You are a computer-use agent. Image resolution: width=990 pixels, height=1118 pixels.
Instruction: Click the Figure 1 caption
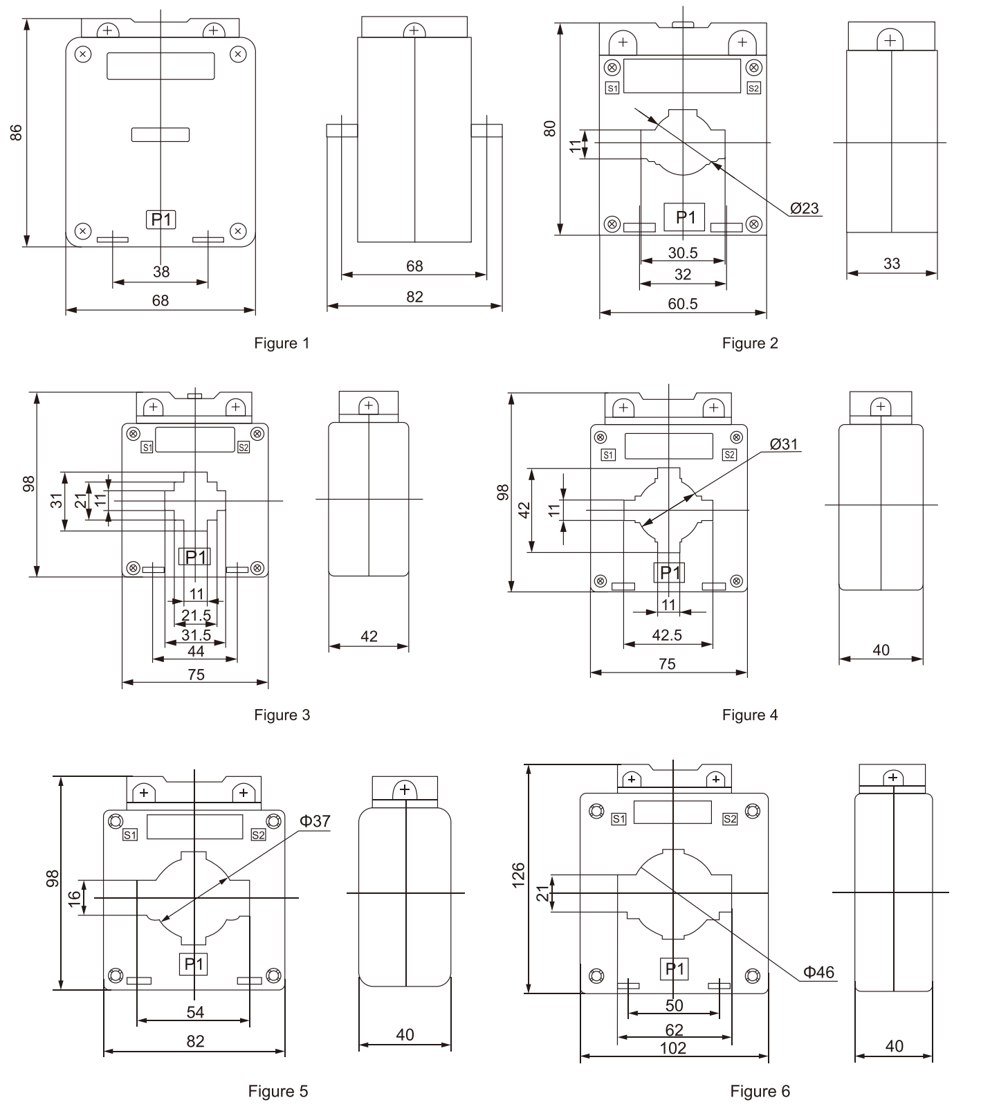(282, 343)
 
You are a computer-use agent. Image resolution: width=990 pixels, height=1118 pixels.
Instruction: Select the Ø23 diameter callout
(804, 208)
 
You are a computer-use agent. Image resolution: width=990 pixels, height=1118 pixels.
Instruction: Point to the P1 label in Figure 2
(685, 217)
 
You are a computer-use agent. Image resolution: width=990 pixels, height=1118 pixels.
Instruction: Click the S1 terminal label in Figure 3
(147, 448)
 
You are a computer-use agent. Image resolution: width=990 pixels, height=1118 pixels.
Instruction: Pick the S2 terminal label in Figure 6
(730, 819)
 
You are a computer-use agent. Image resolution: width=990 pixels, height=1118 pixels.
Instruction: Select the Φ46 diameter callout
(818, 972)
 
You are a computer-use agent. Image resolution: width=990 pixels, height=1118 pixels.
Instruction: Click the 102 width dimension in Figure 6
(673, 1048)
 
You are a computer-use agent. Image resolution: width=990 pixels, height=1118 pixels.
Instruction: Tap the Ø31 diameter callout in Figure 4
(784, 444)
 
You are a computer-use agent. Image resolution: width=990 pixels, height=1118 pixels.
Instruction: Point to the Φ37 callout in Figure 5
(315, 821)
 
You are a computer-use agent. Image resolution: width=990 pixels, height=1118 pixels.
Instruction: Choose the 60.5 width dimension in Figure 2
(683, 304)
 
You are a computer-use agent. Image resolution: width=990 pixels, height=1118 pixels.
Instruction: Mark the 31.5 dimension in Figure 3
(196, 635)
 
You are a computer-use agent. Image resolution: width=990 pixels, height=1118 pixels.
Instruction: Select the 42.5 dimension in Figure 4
(668, 635)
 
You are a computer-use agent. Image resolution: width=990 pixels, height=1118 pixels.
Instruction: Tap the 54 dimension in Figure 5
(195, 1012)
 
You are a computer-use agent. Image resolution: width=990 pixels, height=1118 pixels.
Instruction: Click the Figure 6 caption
(760, 1091)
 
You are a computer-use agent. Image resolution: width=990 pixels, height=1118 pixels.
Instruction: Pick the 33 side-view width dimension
(892, 264)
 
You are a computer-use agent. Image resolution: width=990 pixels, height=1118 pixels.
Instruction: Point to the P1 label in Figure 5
(194, 964)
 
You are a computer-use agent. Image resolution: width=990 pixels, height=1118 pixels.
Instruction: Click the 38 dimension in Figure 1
(161, 272)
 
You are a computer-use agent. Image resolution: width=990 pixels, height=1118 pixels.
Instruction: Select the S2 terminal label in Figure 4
(729, 455)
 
